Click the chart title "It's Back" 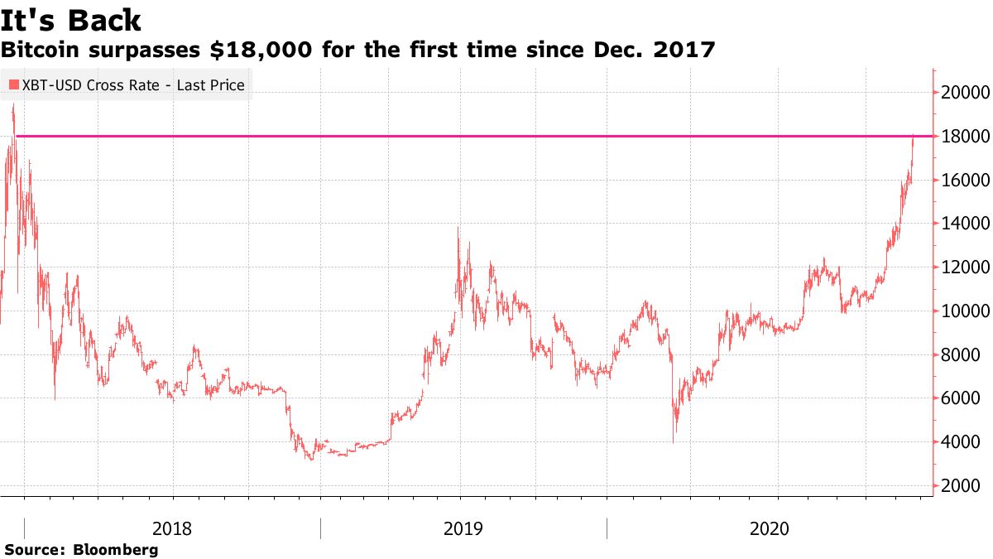pyautogui.click(x=72, y=21)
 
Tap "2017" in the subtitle pyautogui.click(x=684, y=51)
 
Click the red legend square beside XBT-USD pyautogui.click(x=13, y=84)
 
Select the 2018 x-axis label pyautogui.click(x=174, y=528)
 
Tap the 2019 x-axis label pyautogui.click(x=464, y=528)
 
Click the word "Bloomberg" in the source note pyautogui.click(x=116, y=550)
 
